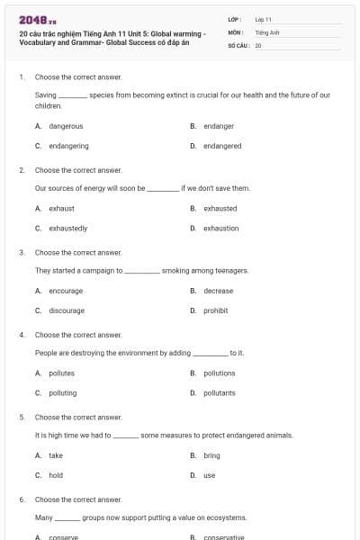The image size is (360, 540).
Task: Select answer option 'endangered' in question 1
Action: [221, 146]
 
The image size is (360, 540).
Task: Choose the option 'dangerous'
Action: [65, 126]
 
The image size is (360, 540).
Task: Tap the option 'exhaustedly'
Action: [67, 228]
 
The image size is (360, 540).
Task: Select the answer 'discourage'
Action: [66, 310]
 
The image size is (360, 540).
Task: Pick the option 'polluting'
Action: [62, 392]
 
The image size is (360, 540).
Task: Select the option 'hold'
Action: [56, 475]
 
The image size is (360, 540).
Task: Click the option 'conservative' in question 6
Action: [223, 537]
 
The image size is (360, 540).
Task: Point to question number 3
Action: [22, 252]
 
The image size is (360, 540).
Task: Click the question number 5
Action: [22, 417]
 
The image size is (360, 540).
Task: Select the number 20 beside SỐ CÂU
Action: [258, 44]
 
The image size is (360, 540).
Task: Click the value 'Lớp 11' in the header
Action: [263, 19]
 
